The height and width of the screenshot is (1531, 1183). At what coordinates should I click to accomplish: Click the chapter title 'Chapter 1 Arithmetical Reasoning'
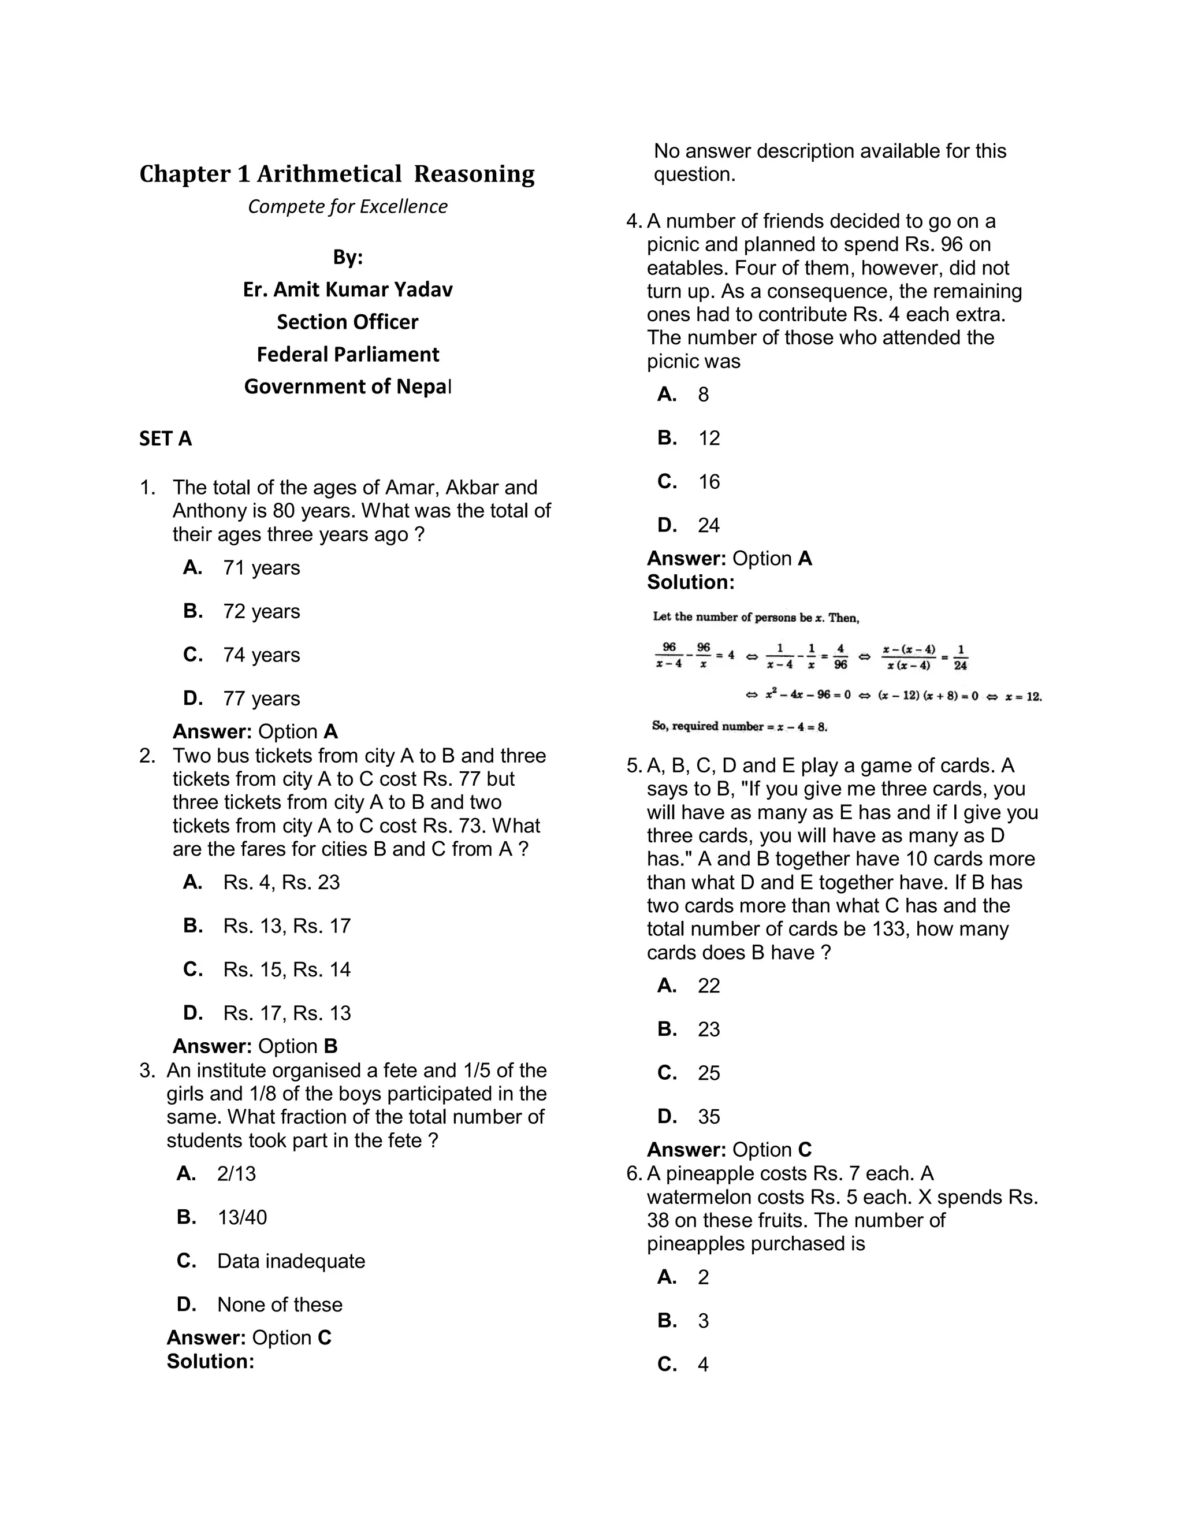pos(336,174)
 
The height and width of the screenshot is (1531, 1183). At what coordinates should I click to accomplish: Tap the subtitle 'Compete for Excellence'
pos(348,207)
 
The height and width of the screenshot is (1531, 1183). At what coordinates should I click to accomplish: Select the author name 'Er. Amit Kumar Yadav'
pos(348,289)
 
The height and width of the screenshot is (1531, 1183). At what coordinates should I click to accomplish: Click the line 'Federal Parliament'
pos(348,355)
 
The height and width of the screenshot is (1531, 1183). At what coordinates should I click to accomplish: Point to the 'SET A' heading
pos(165,439)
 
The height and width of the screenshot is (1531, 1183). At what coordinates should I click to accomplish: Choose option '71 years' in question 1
pos(261,568)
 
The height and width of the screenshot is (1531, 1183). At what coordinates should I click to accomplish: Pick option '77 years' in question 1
pos(261,699)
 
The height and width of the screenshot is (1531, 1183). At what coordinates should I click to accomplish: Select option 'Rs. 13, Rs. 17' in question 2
pos(286,926)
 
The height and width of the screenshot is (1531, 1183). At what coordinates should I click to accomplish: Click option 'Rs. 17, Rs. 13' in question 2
pos(286,1013)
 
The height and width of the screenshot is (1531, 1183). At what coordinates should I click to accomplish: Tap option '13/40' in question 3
pos(242,1218)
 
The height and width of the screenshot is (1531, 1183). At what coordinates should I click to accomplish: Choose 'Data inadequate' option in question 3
pos(291,1261)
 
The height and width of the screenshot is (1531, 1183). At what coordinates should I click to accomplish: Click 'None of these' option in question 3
pos(280,1305)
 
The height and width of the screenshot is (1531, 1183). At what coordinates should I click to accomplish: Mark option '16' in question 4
pos(709,482)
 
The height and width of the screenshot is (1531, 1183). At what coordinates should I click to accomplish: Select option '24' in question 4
pos(709,526)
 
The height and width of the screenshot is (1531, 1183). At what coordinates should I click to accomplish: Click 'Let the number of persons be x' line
pos(756,618)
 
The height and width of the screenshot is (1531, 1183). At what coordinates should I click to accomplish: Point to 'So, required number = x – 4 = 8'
pos(739,726)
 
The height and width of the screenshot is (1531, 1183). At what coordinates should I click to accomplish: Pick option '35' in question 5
pos(709,1117)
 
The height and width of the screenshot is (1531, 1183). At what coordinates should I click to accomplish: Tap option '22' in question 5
pos(709,986)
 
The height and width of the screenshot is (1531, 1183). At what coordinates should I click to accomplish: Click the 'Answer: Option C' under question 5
pos(729,1150)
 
